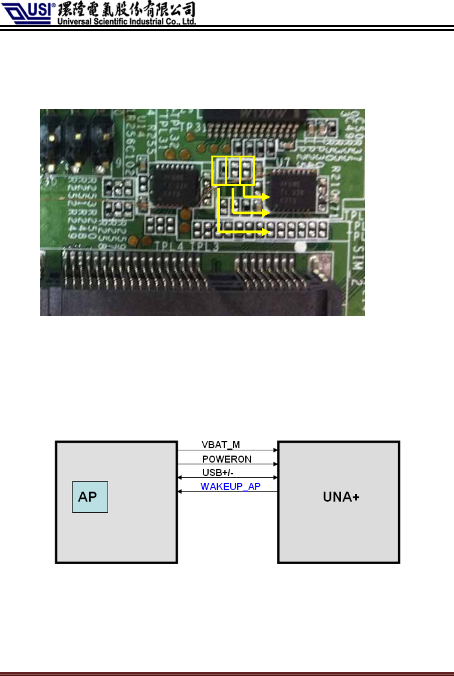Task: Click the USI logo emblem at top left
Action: tap(28, 12)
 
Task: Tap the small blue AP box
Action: tap(90, 497)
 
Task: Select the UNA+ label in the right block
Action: tap(341, 497)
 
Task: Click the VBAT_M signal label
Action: tap(221, 444)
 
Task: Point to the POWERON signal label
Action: tap(227, 459)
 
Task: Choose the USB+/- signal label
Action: tap(218, 472)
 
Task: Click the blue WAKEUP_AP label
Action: tap(230, 486)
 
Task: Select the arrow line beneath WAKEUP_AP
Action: tap(227, 492)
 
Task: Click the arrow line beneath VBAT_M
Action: tap(227, 450)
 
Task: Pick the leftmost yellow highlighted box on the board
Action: tap(219, 171)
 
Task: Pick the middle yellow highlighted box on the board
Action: tap(233, 171)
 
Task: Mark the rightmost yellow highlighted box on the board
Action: tap(247, 171)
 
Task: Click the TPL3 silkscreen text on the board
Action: tap(205, 247)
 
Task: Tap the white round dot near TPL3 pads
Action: tap(300, 247)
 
